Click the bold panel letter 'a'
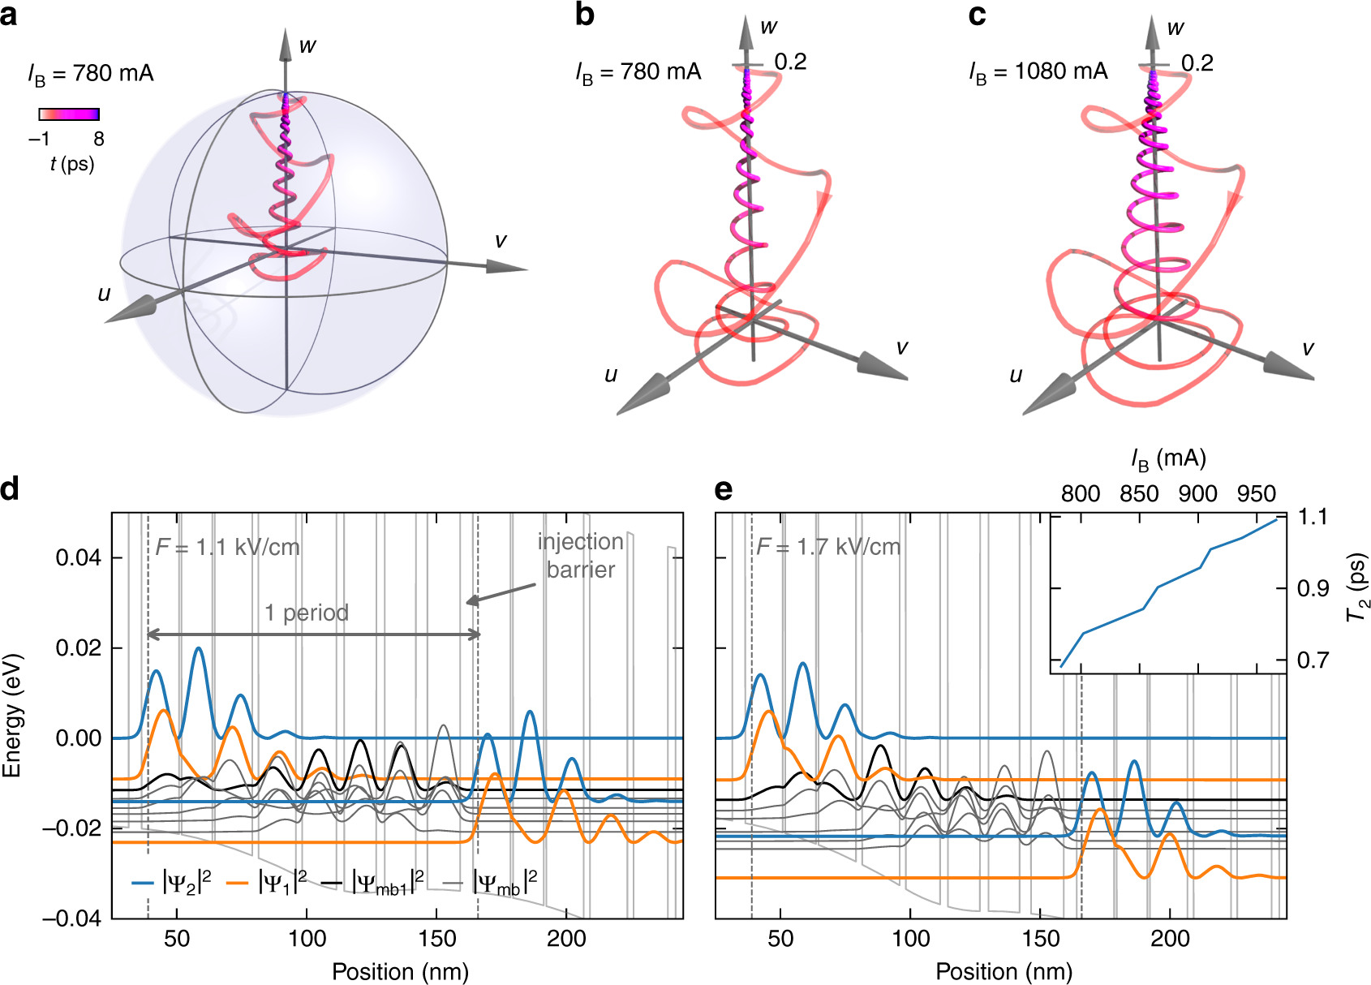[9, 15]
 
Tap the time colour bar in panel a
[69, 114]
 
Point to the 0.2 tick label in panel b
[790, 62]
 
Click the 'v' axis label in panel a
[501, 241]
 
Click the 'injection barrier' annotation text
[581, 556]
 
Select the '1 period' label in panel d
[307, 613]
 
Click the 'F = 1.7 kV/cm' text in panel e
[828, 547]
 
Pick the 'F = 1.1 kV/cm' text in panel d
[228, 547]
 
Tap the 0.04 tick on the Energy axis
[79, 558]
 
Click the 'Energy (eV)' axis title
[11, 715]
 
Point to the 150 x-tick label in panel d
[436, 940]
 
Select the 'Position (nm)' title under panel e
[1004, 971]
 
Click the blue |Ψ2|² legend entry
[173, 881]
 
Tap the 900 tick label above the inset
[1197, 494]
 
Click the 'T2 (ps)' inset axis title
[1356, 587]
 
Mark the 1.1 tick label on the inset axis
[1312, 517]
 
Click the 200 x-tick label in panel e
[1170, 940]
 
